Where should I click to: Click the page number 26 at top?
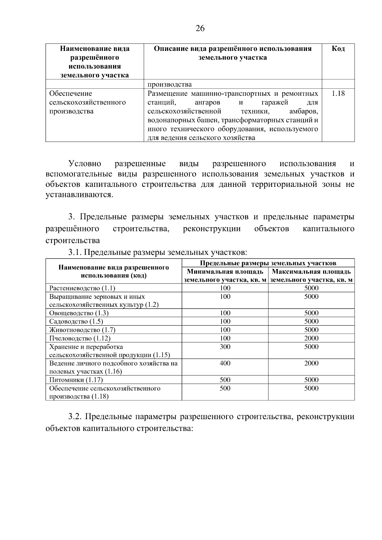(200, 29)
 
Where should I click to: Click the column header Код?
(338, 49)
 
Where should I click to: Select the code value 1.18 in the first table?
(338, 94)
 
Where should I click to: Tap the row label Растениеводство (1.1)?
(82, 288)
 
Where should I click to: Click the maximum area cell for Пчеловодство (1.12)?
(311, 338)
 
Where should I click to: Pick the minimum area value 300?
(225, 347)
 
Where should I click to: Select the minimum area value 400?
(225, 363)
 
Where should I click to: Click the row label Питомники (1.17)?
(76, 380)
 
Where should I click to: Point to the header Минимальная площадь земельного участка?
(225, 276)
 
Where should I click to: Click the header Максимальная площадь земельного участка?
(311, 276)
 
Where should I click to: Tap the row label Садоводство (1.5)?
(76, 321)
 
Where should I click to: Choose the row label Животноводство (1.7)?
(82, 330)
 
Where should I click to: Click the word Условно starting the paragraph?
(85, 164)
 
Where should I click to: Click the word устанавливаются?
(79, 194)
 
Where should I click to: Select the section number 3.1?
(75, 253)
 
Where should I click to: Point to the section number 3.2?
(75, 417)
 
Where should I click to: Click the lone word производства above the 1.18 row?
(170, 84)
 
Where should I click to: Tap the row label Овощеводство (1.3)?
(79, 313)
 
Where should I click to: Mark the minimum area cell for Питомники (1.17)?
(225, 380)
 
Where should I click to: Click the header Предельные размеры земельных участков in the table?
(268, 263)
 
